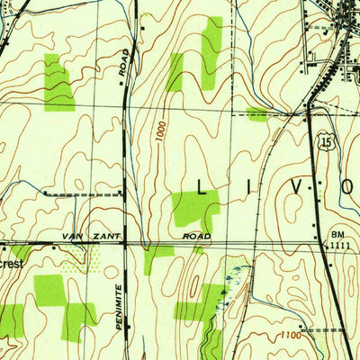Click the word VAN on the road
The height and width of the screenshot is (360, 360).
tap(72, 235)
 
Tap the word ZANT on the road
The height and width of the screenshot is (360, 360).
tap(102, 235)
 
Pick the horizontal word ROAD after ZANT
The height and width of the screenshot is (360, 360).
tap(197, 236)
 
